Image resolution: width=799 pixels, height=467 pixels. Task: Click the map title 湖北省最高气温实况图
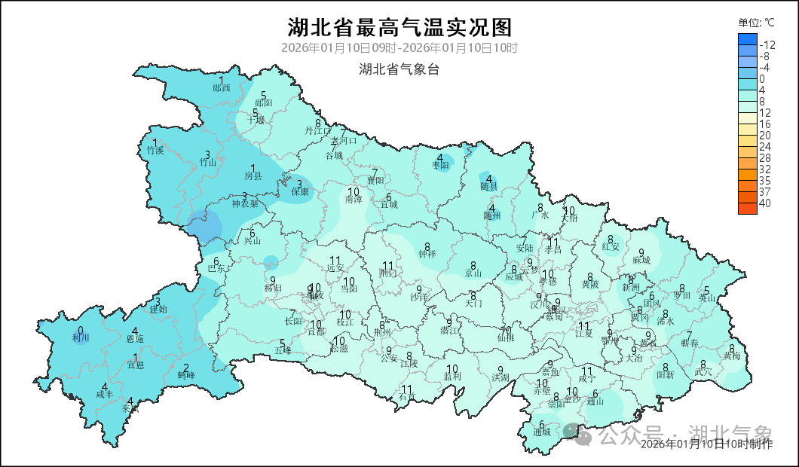click(399, 28)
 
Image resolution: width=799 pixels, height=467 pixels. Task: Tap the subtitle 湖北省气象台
click(399, 70)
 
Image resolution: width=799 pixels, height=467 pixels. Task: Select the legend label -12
click(767, 45)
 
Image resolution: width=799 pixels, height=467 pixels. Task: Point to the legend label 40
click(765, 203)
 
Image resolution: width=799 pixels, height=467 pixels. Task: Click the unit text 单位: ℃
click(756, 23)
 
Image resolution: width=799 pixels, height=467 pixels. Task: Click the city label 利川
click(81, 338)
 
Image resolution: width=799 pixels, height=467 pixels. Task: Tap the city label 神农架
click(245, 203)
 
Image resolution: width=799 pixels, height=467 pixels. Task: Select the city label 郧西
click(222, 88)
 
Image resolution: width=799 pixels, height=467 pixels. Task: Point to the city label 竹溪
click(155, 150)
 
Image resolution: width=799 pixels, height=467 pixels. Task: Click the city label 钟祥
click(427, 255)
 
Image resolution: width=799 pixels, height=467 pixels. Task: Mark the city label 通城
click(541, 432)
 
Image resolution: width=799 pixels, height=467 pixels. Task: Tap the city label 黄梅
click(731, 355)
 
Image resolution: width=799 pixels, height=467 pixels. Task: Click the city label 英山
click(706, 298)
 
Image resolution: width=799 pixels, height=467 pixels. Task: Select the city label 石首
click(407, 397)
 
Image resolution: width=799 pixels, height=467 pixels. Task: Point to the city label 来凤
click(131, 409)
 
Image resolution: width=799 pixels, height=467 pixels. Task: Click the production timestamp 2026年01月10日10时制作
click(706, 444)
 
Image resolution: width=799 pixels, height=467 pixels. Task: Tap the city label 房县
click(253, 176)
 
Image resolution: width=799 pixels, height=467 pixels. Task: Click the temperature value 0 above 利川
click(81, 330)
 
